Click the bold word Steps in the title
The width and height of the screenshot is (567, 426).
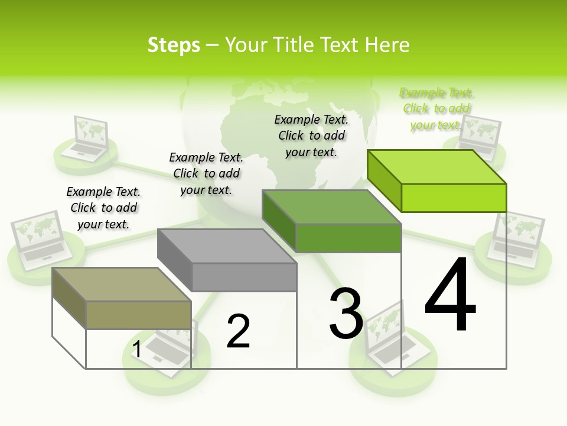174,45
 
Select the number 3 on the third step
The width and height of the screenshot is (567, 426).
346,314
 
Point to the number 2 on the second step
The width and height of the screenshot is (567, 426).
238,331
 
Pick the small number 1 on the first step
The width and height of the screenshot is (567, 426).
137,350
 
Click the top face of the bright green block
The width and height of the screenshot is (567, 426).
437,166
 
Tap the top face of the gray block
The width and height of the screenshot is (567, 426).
227,246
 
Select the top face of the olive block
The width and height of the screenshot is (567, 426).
122,284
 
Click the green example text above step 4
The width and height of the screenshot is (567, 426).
436,109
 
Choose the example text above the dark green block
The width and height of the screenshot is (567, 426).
311,135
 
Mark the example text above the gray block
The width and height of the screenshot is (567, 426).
206,173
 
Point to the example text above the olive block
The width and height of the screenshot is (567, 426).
103,208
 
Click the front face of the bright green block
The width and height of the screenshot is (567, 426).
454,198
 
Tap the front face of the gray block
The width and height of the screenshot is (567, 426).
244,277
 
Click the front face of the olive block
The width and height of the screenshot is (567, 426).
138,315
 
